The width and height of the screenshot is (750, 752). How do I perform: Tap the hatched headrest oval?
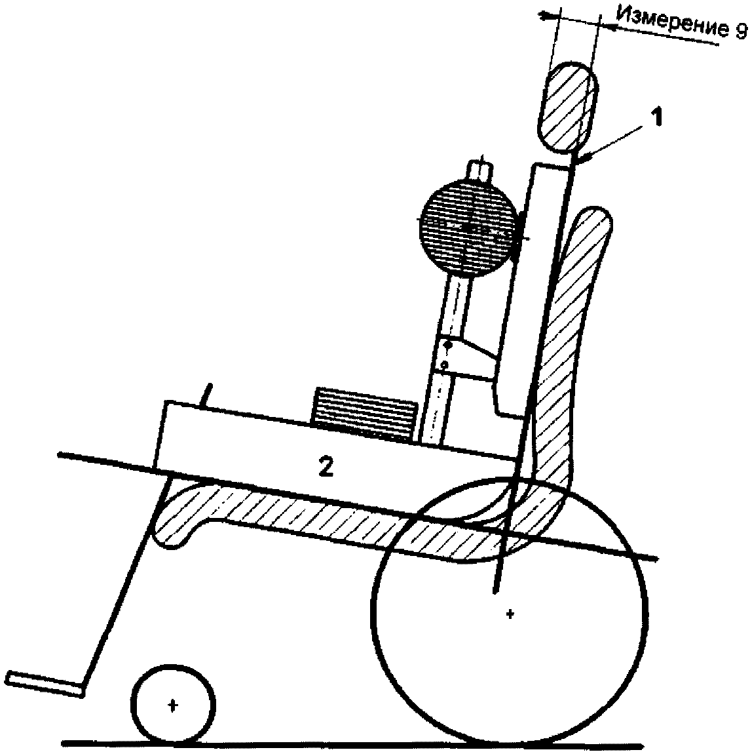click(x=566, y=108)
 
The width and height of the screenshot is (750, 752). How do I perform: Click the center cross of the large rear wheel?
click(x=510, y=614)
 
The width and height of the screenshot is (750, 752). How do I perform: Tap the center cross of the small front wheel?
click(x=173, y=705)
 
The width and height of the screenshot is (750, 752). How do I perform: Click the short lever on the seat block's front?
click(x=207, y=396)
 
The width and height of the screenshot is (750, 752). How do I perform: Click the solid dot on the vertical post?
click(x=448, y=346)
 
